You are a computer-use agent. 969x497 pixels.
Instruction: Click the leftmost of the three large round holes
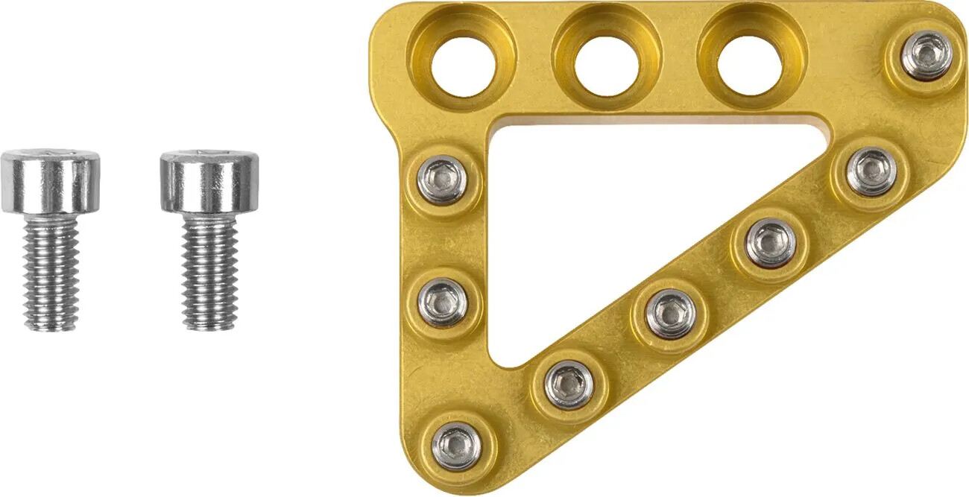click(x=463, y=63)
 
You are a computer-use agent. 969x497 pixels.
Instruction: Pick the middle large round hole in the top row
click(x=606, y=63)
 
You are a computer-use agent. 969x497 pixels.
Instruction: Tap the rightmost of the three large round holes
click(x=749, y=63)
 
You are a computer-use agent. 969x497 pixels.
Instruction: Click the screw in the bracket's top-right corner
click(x=926, y=55)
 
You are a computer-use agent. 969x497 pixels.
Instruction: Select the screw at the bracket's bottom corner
click(x=456, y=446)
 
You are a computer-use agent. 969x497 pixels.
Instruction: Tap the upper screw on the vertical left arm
click(x=442, y=180)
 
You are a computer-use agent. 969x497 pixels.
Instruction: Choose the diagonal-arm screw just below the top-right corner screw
click(x=871, y=171)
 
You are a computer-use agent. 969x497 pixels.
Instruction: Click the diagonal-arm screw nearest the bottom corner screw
click(x=569, y=384)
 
